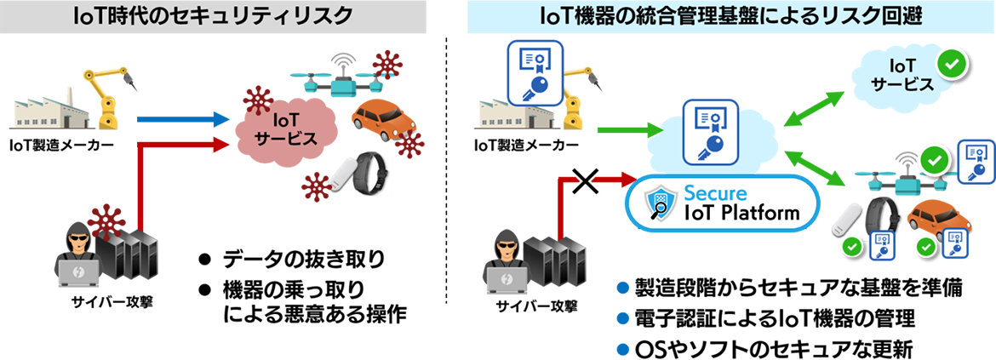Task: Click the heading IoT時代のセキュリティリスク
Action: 213,16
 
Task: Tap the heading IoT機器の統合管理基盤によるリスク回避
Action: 731,16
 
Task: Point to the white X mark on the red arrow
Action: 585,180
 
